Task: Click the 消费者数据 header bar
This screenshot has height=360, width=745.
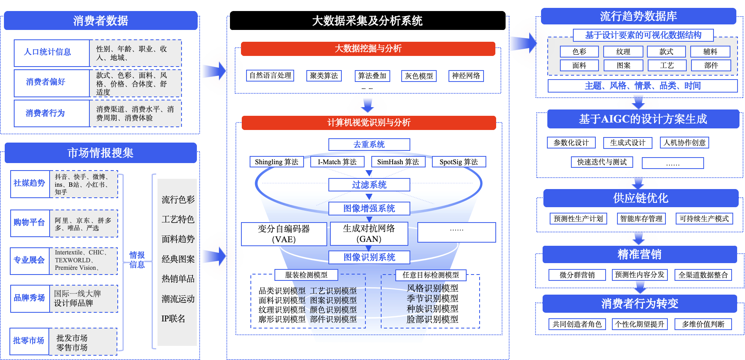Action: click(100, 20)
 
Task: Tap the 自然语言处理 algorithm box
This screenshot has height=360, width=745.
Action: click(271, 76)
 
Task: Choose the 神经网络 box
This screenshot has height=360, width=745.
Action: click(466, 76)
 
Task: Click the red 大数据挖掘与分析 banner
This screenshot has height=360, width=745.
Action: click(368, 49)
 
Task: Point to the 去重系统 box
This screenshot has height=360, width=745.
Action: click(369, 145)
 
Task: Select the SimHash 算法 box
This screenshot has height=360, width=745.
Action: click(398, 162)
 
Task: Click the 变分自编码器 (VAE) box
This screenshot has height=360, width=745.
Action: click(284, 234)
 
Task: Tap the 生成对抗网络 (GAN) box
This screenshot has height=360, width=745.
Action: click(369, 234)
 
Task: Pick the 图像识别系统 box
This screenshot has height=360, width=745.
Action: click(369, 257)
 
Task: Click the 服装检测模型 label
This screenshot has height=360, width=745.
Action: click(306, 275)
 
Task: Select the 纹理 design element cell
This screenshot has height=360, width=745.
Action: click(623, 52)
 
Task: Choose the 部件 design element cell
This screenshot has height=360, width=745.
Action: click(711, 65)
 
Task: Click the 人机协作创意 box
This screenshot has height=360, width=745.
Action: click(684, 143)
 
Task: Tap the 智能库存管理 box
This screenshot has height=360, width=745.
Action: click(641, 219)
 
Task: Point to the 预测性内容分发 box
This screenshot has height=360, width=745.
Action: click(639, 275)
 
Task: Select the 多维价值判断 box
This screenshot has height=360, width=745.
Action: click(703, 324)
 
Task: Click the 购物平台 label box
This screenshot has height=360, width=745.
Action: click(30, 223)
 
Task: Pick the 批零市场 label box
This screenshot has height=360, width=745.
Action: click(29, 341)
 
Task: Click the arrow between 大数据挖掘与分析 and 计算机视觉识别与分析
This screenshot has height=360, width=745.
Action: click(367, 106)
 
